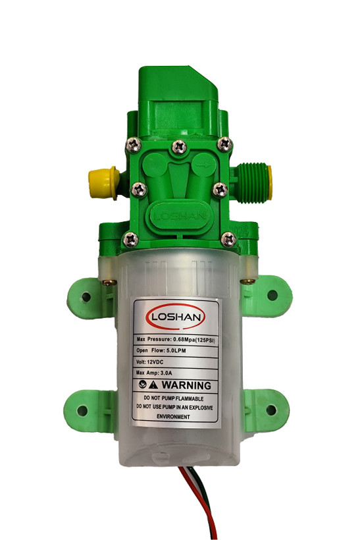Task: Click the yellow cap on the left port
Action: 103,182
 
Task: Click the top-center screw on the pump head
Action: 179,147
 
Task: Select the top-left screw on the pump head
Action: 134,145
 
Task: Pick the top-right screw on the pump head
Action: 224,144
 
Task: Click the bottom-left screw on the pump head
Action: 130,239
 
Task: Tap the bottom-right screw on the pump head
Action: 228,239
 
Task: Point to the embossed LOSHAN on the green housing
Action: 180,216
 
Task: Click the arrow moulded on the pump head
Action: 204,165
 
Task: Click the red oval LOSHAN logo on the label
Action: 176,316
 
